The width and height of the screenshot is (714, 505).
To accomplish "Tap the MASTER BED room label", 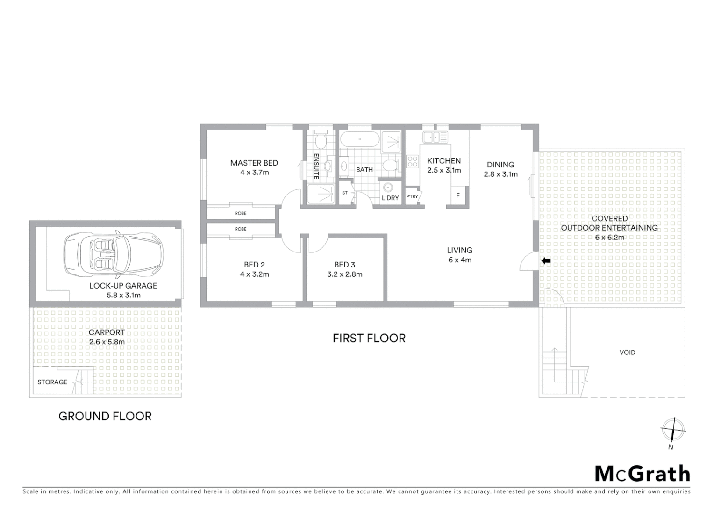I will pos(254,163).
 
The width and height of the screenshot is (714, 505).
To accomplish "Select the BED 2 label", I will pos(254,265).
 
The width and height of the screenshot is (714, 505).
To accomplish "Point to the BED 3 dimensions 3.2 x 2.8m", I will pos(344,274).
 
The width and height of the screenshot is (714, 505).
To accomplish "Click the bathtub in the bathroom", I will pos(359,139).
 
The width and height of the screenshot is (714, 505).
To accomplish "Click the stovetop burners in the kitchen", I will pos(413,162).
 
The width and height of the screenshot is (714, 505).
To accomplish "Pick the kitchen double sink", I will pos(435,137).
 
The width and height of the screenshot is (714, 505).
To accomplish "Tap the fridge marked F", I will pos(458,195).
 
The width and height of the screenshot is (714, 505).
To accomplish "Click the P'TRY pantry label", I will pos(412,197).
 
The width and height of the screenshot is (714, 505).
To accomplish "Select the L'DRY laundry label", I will pos(390,198).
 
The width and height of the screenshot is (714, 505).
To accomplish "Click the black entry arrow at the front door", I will pos(546,260).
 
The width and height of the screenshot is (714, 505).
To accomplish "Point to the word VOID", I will pos(627,353).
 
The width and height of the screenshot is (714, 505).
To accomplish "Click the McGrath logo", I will pos(642,474).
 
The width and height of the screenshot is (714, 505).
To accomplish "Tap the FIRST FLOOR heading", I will pos(369,338).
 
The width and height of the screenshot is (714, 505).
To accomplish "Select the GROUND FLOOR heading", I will pos(105,416).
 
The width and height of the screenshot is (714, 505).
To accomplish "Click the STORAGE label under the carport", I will pos(52,382).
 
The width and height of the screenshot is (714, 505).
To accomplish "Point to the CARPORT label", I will pos(107,332).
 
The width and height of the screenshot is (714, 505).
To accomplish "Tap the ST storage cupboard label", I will pos(345,193).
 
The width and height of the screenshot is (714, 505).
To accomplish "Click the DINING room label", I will pos(500,165).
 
